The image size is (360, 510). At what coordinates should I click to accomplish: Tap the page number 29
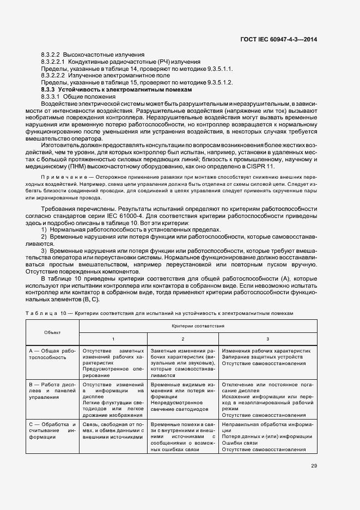coord(314,466)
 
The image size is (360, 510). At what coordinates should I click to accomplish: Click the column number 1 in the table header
coord(113,339)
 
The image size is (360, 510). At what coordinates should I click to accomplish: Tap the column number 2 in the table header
coord(183,339)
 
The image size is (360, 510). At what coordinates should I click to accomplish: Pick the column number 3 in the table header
coord(267,339)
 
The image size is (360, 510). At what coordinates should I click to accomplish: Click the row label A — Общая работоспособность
coord(52,354)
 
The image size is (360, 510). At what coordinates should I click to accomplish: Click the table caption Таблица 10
coord(46,313)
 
